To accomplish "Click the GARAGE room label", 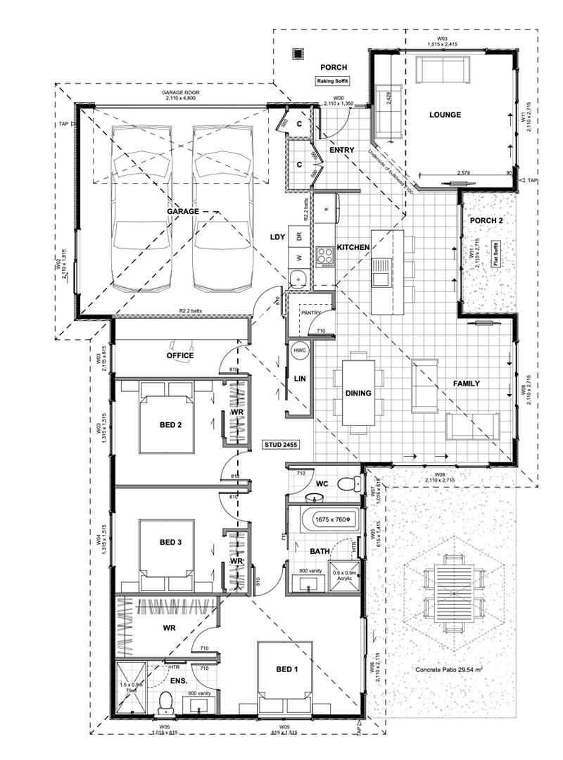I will [x=182, y=210].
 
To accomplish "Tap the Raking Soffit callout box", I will [x=332, y=82].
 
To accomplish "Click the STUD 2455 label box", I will [x=281, y=445].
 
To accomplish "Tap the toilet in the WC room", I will [x=346, y=484].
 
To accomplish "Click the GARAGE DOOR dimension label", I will [x=182, y=96].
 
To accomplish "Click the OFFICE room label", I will [x=179, y=355].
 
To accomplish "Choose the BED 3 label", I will [x=170, y=542].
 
